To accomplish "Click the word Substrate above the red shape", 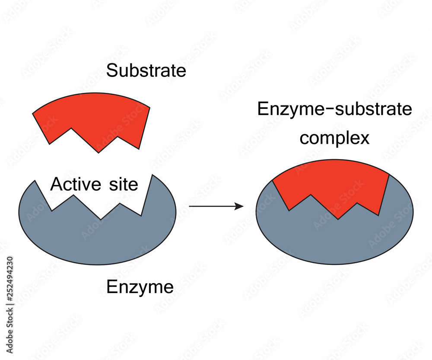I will [146, 70].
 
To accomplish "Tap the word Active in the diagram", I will [72, 185].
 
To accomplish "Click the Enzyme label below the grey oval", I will [140, 287].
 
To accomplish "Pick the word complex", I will [335, 139].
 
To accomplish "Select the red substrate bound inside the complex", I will [333, 186].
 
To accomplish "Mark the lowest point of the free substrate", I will [99, 152].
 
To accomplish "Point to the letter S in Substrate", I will [112, 70].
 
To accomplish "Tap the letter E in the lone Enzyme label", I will [111, 287].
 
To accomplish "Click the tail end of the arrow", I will [190, 207].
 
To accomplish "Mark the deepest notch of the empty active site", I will [101, 220].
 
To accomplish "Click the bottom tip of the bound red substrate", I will [338, 219].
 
